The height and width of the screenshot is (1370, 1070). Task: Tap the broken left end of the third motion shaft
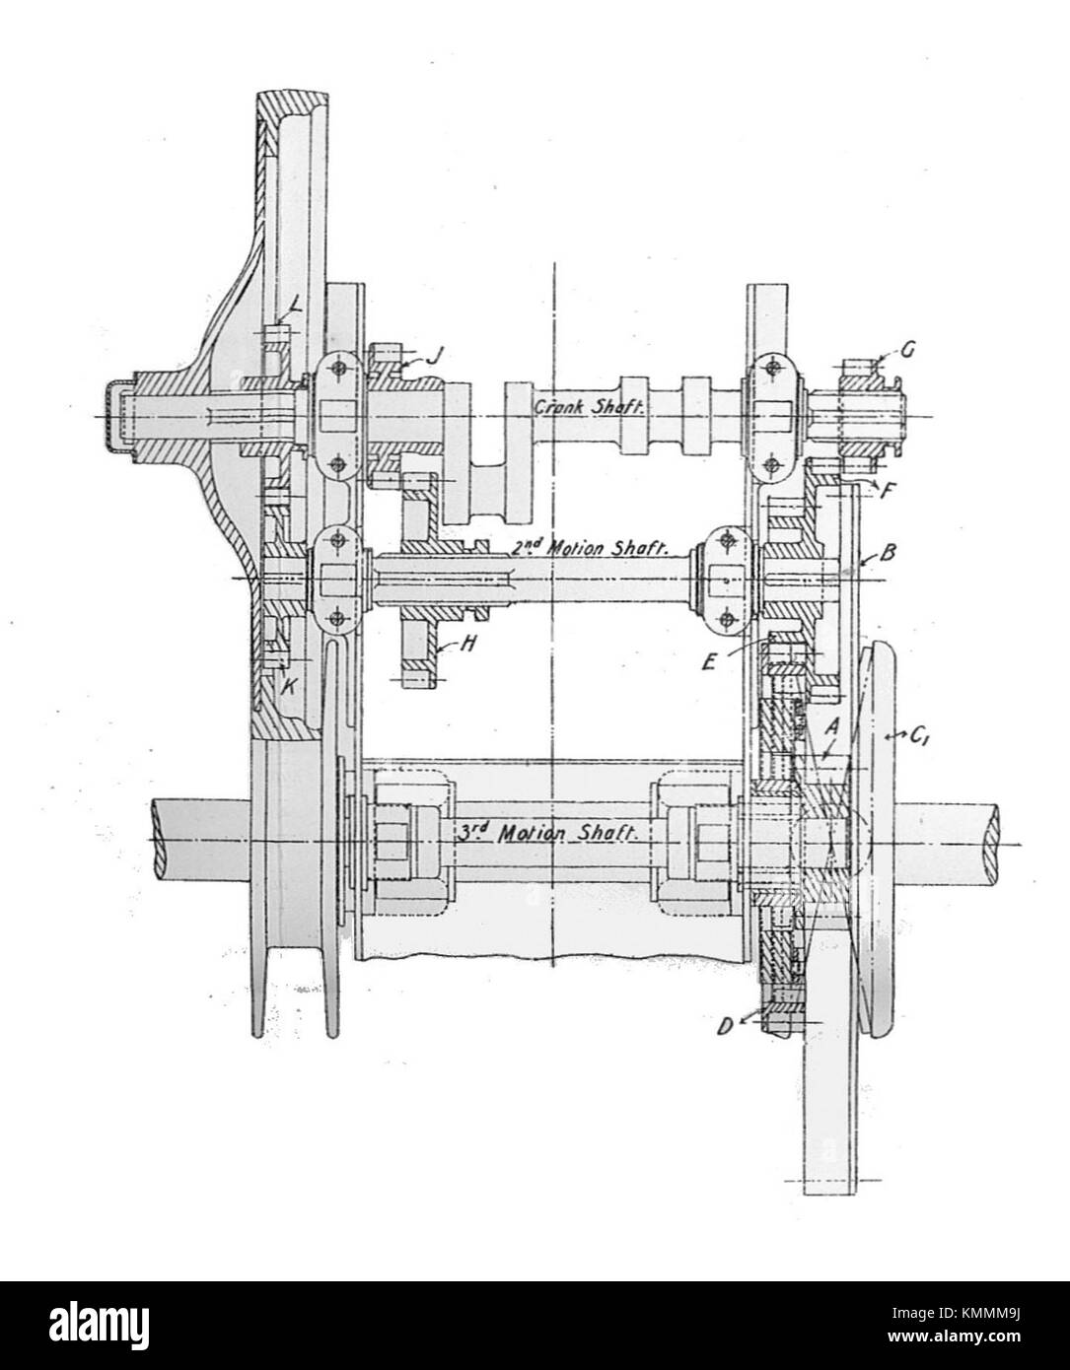[158, 835]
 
